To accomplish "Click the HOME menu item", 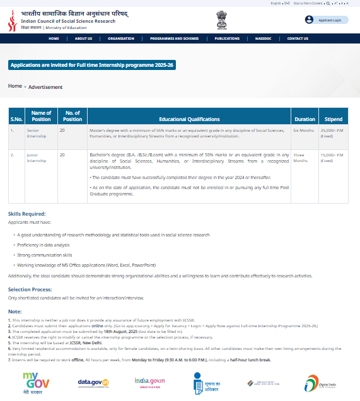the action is coord(54,38).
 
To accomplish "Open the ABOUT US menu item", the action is coord(83,38).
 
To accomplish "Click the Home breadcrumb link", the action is coord(15,86).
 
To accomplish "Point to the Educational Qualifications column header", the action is coord(189,119).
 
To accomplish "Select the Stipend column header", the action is coord(333,119).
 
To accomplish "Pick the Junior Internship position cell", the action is coord(36,157).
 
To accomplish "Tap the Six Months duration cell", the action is coord(303,130).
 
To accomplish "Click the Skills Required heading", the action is coord(26,214).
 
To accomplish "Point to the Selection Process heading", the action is coord(29,290).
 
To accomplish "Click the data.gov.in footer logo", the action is coord(93,382).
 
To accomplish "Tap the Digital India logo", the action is coord(320,383).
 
